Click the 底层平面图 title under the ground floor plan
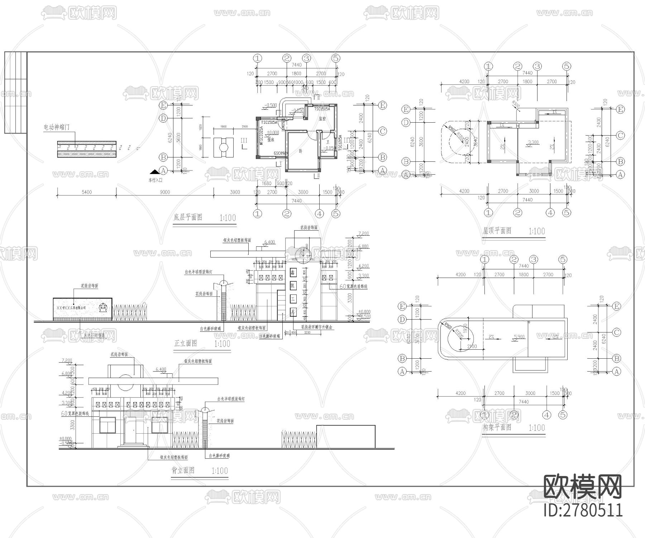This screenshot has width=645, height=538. click(188, 217)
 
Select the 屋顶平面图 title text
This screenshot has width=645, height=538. click(497, 231)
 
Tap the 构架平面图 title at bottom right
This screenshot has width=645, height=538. click(497, 427)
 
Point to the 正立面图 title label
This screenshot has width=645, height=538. click(185, 343)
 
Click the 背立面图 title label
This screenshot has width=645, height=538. click(183, 470)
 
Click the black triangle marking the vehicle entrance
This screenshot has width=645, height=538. click(155, 173)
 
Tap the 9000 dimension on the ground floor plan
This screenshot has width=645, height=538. click(164, 192)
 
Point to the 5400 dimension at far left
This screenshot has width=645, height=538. click(86, 192)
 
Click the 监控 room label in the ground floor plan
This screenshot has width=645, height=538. click(322, 119)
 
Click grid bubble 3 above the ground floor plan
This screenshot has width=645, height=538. click(306, 58)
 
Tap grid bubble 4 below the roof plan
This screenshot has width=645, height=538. click(550, 213)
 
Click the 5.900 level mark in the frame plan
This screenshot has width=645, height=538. click(519, 337)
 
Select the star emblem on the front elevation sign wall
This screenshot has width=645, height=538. click(103, 307)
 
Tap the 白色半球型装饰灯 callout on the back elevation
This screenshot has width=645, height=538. click(231, 399)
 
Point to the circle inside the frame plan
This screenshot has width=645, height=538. click(460, 337)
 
